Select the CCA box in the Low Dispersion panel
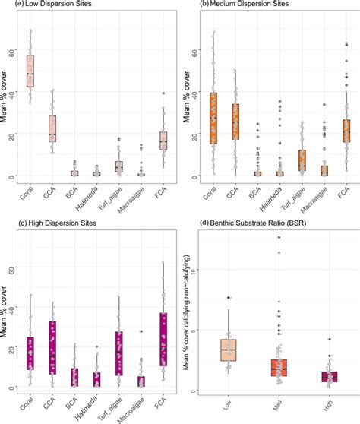tap(52, 125)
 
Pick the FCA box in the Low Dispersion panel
tap(163, 141)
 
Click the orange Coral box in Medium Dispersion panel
tap(214, 118)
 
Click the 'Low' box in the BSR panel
tap(229, 349)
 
